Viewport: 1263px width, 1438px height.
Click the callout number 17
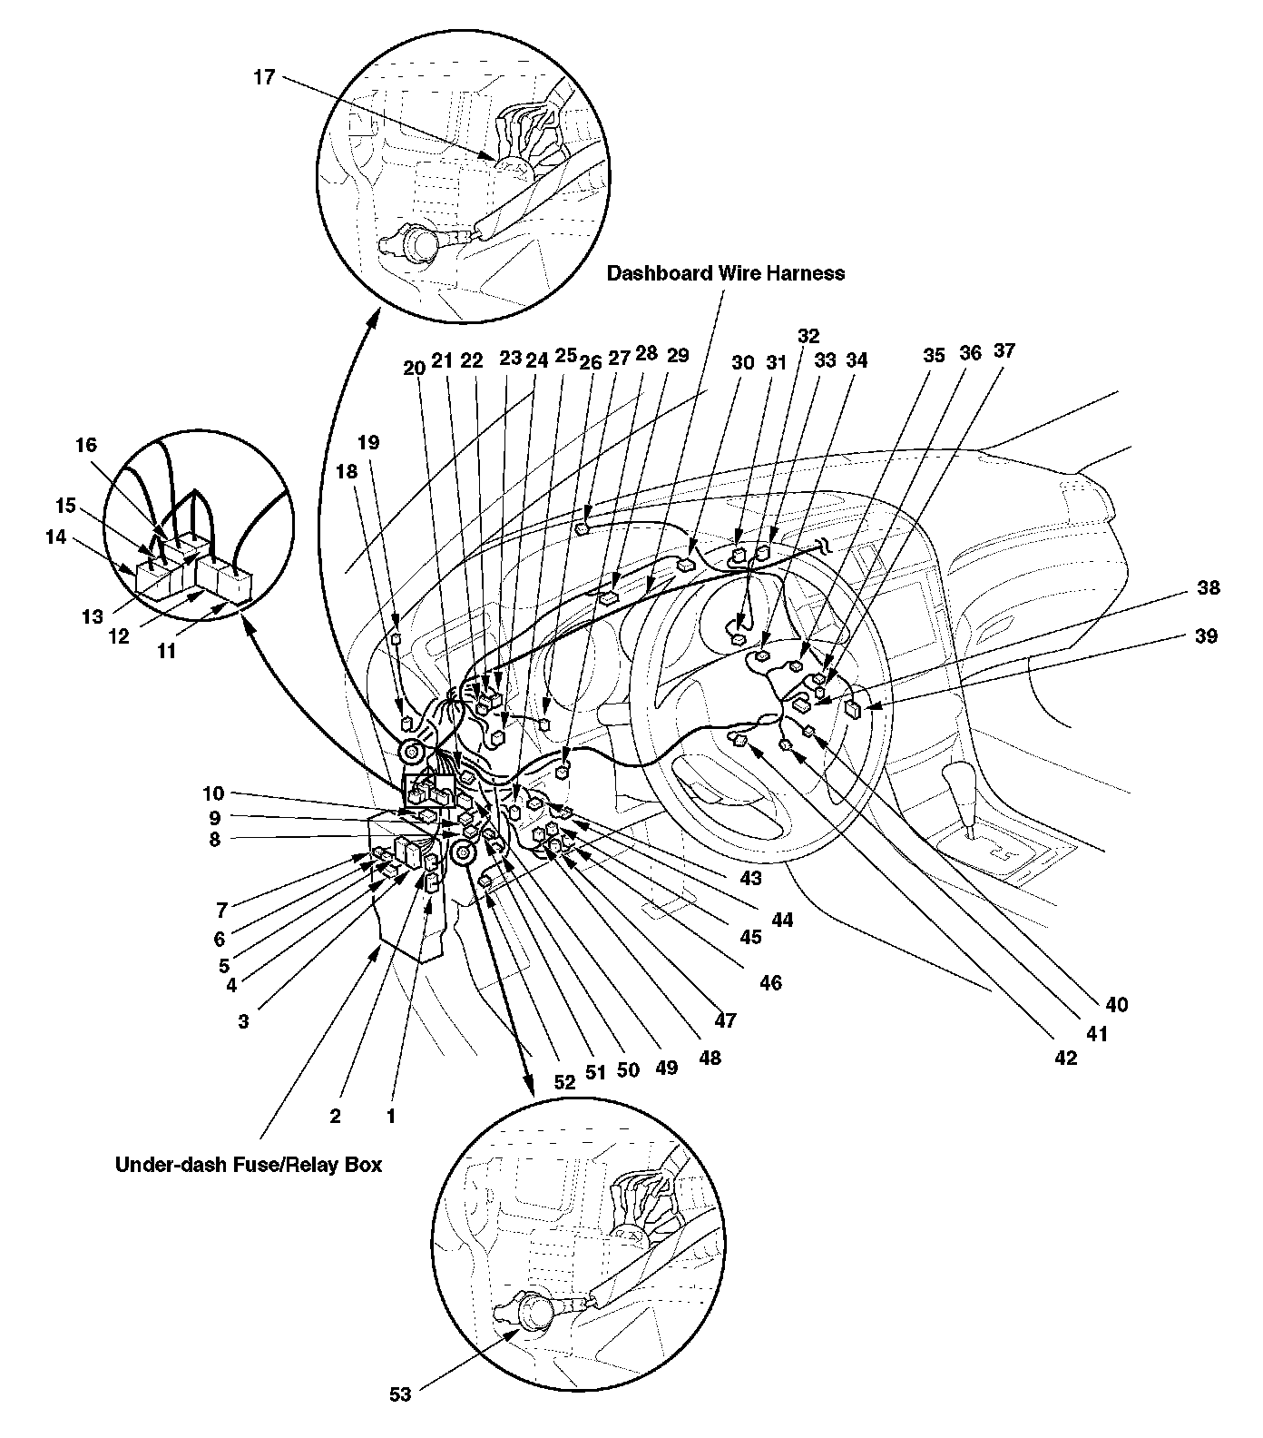[x=263, y=77]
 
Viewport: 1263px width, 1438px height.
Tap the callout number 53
[x=400, y=1394]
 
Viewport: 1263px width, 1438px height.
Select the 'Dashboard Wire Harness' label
[x=726, y=272]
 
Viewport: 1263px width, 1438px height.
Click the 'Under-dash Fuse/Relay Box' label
[x=249, y=1164]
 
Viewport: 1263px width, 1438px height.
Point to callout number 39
[x=1206, y=636]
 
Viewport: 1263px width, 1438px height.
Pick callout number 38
[x=1208, y=587]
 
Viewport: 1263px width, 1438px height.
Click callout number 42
[x=1065, y=1057]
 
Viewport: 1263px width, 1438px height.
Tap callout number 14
[x=55, y=537]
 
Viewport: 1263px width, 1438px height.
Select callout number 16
[x=85, y=445]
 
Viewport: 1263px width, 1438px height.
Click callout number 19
[x=368, y=443]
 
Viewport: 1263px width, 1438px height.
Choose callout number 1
[x=391, y=1116]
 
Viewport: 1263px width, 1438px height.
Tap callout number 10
[x=213, y=793]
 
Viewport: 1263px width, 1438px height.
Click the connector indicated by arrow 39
[x=853, y=709]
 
